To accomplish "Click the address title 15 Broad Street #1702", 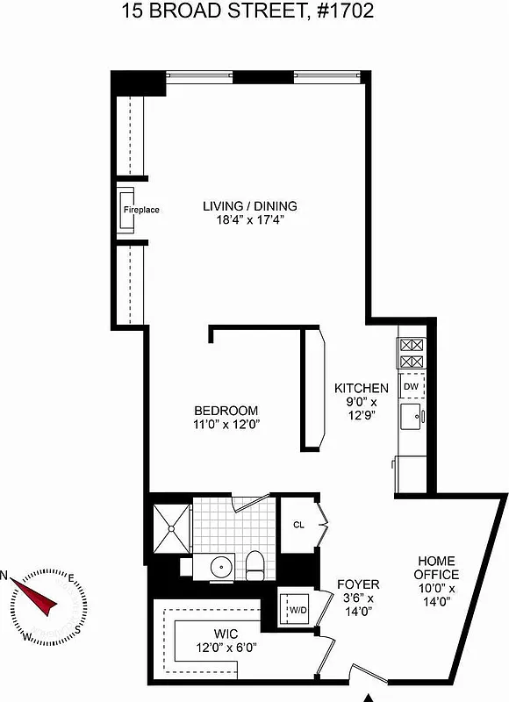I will [x=254, y=11].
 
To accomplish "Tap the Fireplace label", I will [x=140, y=211].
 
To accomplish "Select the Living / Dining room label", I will [x=250, y=206].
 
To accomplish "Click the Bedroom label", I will [x=226, y=411].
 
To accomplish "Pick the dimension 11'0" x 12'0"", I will [x=226, y=424].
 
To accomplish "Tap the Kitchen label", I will [x=361, y=388].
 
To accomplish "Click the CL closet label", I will [x=298, y=526].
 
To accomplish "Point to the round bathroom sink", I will [x=222, y=567].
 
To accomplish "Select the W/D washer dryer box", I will [x=294, y=607].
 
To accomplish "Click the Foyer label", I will [x=358, y=584].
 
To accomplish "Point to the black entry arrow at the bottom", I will [x=369, y=698].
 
